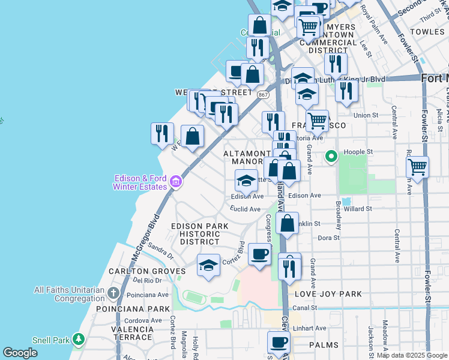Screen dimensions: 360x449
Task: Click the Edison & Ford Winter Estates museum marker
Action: click(x=175, y=181)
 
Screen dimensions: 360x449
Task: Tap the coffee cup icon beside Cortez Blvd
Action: click(x=259, y=254)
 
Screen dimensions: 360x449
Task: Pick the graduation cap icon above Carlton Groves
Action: click(x=208, y=265)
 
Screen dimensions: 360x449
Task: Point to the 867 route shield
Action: click(x=263, y=95)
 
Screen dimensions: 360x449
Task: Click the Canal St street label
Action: click(x=305, y=308)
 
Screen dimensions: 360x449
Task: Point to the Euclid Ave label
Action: click(x=246, y=209)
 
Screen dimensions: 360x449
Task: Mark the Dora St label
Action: click(x=329, y=238)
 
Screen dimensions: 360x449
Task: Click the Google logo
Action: click(x=20, y=353)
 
